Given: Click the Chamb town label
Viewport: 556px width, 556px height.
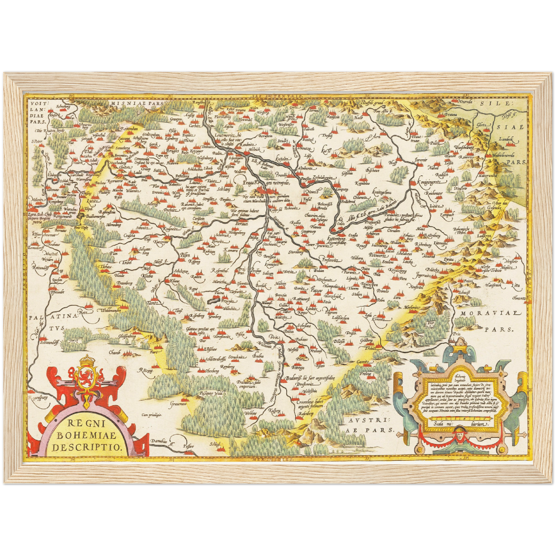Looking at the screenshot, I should tap(114, 352).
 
